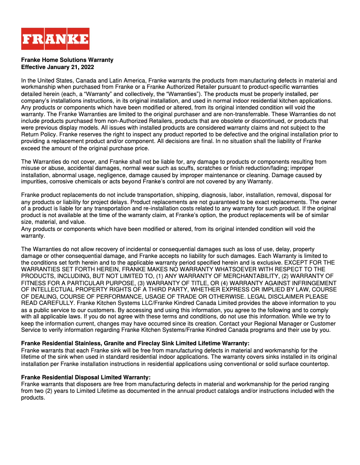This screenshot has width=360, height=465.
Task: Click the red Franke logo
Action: coord(55,39)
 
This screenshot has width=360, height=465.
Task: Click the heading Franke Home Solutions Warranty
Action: coord(67,60)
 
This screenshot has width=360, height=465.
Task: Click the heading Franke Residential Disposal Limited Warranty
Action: coord(85,377)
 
